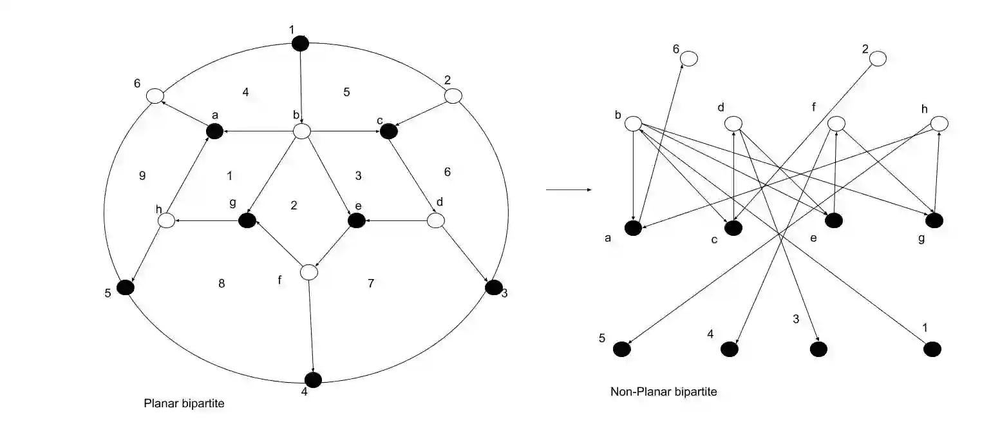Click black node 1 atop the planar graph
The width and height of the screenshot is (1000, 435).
pos(301,43)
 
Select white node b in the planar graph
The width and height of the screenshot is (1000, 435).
pos(302,131)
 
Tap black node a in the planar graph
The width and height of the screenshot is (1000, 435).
pos(214,131)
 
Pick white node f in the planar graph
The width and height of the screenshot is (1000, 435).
pos(310,273)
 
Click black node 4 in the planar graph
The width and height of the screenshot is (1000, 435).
pos(313,380)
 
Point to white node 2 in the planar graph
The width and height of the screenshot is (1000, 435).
pos(453,96)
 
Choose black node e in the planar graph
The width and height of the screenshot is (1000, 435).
pos(356,220)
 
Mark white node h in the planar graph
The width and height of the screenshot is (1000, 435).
pos(167,221)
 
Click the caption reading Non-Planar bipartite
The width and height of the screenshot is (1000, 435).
pos(663,391)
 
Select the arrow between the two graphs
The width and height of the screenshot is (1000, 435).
pos(569,190)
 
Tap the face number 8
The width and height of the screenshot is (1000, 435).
pos(222,283)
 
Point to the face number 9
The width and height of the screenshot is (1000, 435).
pos(142,175)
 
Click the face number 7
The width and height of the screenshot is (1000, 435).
pos(370,283)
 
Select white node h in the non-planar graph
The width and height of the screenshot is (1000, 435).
pos(939,123)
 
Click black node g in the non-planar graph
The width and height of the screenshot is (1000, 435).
pos(934,220)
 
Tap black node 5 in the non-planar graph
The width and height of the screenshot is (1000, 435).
pos(621,349)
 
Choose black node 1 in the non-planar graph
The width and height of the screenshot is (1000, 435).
pos(932,349)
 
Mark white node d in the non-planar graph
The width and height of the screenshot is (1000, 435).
pos(733,123)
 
